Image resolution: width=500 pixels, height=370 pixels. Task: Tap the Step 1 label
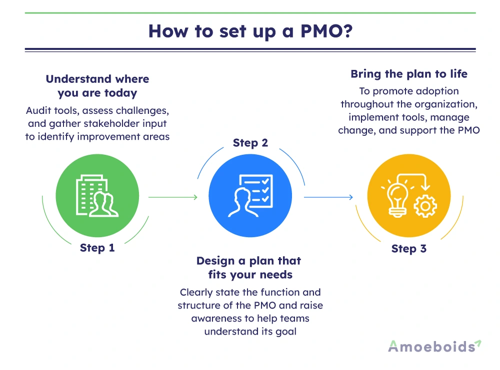pyautogui.click(x=97, y=248)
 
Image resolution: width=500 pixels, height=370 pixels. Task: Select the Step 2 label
pyautogui.click(x=250, y=143)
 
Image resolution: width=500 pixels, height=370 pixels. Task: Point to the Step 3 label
pyautogui.click(x=409, y=249)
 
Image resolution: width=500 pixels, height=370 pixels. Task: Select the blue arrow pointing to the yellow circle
pyautogui.click(x=329, y=197)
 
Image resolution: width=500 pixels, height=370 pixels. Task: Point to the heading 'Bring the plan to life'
pyautogui.click(x=409, y=74)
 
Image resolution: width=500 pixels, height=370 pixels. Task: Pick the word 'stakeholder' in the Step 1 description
pyautogui.click(x=107, y=123)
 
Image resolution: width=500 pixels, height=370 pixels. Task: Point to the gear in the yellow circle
pyautogui.click(x=426, y=206)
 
